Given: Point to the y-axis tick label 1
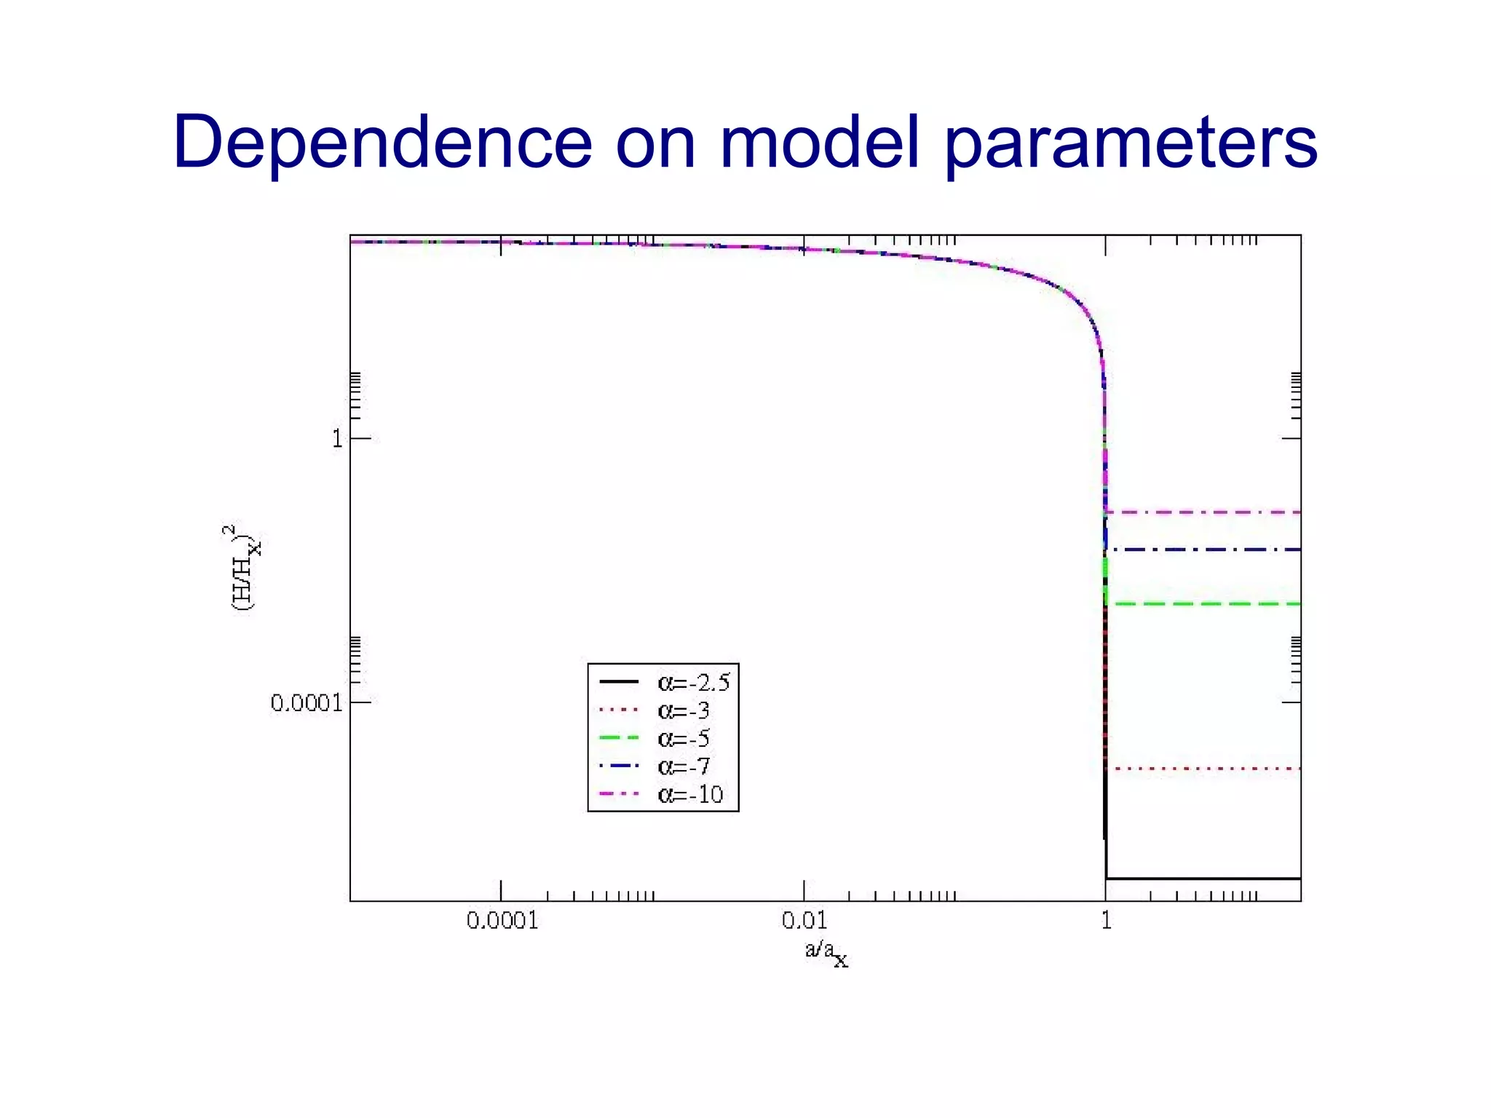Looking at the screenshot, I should pos(337,439).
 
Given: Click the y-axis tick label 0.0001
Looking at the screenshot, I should pos(306,703).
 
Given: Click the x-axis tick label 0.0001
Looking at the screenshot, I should pos(502,921).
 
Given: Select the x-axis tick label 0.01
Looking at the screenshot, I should pos(804,921).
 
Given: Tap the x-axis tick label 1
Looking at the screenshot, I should pos(1106,921).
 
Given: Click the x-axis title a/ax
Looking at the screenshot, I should pos(826,952).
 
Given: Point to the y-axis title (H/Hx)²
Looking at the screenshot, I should pos(242,568).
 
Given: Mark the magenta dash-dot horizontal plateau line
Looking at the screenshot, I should pos(1201,512).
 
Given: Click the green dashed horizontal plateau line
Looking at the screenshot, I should pos(1201,604).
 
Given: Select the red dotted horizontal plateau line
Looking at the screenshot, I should pos(1201,769).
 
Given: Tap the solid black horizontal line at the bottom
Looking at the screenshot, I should pos(1201,879).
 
